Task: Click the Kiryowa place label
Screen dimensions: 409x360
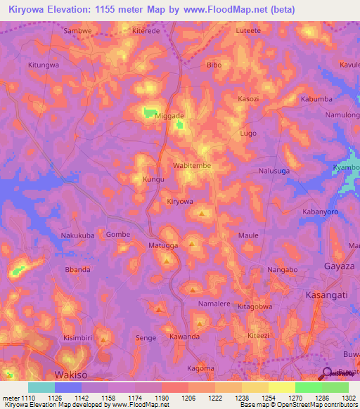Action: [x=179, y=202]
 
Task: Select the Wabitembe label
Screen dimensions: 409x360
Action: [x=192, y=166]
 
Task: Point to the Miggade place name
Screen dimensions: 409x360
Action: [x=169, y=115]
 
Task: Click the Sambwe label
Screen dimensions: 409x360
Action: [x=78, y=31]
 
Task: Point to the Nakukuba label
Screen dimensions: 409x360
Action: [x=77, y=235]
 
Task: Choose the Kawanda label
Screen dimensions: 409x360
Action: [x=184, y=337]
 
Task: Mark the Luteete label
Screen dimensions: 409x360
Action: [x=248, y=31]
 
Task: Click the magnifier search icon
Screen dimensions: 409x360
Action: [x=326, y=375]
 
